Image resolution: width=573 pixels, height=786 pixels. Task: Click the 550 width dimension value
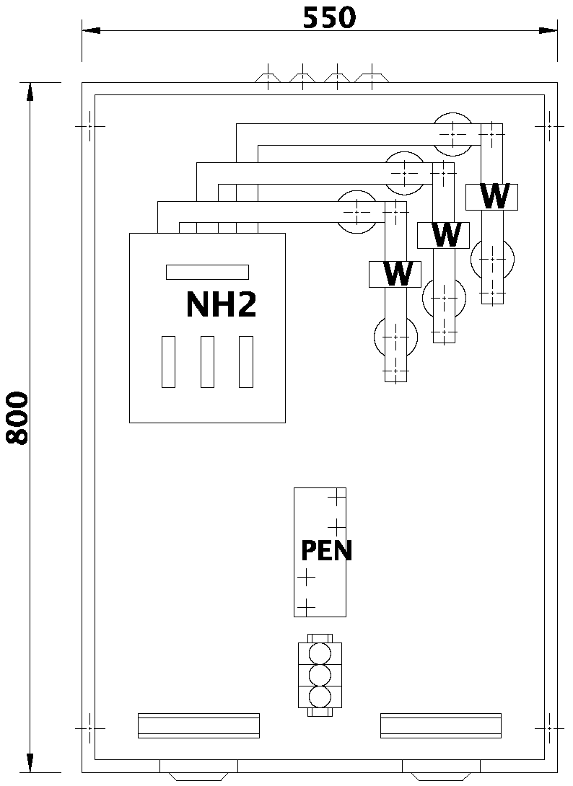[x=328, y=17]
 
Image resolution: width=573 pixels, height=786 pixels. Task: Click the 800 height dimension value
[x=17, y=418]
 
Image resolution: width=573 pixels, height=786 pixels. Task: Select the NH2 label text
[x=221, y=305]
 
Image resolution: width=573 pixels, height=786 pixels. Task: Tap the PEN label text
[x=326, y=551]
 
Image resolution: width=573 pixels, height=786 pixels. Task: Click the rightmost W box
[x=492, y=196]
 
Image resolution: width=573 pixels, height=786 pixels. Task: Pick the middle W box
[x=444, y=234]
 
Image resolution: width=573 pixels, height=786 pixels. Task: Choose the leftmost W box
[x=395, y=273]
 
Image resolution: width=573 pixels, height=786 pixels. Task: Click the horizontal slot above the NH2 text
[x=207, y=272]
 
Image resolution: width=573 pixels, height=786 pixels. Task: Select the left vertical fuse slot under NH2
[x=168, y=361]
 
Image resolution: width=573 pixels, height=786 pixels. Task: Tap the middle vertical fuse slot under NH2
[x=207, y=361]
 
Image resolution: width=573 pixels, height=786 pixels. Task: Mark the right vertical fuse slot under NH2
[x=246, y=361]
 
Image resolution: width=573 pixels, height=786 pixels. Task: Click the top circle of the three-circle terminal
[x=319, y=653]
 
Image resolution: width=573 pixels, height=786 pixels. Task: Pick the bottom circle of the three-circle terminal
[x=319, y=697]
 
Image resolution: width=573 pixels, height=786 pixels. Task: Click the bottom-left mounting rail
[x=198, y=725]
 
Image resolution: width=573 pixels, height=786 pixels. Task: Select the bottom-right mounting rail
[x=440, y=725]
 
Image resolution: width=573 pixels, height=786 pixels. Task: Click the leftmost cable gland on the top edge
[x=267, y=77]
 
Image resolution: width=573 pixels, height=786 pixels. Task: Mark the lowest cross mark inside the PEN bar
[x=306, y=606]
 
